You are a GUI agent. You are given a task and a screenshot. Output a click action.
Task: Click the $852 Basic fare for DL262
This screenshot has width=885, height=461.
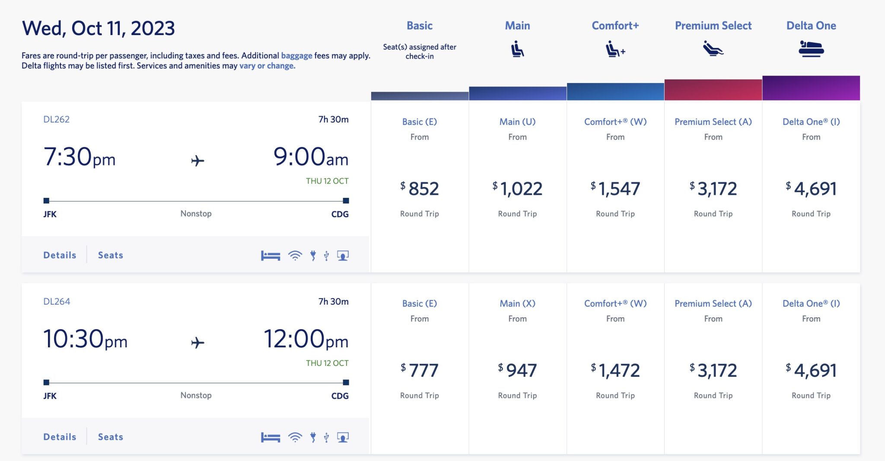click(420, 189)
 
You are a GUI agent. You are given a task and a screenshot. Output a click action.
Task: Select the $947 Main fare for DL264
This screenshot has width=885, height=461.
click(517, 371)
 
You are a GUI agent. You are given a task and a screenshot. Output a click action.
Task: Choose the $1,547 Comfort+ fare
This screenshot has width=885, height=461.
click(615, 189)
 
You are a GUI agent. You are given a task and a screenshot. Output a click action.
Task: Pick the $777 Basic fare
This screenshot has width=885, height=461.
click(420, 371)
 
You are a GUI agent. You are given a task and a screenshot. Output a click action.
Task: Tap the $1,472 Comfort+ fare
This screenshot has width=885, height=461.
click(615, 371)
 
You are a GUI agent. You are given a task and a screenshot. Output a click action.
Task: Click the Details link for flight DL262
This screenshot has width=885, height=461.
click(60, 255)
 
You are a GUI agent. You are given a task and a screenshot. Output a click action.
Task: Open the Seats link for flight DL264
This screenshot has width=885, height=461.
click(111, 437)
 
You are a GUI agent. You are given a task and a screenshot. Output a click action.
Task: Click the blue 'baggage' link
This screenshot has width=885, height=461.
click(296, 56)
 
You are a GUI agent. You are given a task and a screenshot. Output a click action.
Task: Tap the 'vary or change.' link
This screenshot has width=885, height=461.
click(267, 66)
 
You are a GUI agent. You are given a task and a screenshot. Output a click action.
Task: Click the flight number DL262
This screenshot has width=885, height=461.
click(56, 120)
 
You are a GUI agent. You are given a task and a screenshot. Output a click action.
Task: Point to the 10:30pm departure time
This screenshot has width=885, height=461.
click(85, 339)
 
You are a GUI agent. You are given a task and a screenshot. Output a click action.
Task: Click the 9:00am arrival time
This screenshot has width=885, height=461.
click(311, 157)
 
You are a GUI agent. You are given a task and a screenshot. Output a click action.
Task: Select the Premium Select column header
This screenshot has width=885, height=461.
click(713, 26)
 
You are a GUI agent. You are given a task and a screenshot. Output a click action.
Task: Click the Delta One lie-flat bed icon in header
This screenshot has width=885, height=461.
click(811, 49)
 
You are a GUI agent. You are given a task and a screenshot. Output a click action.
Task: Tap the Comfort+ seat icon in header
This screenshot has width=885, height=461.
click(615, 49)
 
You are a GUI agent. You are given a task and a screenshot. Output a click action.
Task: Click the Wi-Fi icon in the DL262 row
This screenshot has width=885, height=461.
click(295, 256)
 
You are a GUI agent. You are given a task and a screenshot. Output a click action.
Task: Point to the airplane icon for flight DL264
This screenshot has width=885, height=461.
click(197, 343)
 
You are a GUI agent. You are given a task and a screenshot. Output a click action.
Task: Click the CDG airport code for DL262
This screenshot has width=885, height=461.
click(340, 214)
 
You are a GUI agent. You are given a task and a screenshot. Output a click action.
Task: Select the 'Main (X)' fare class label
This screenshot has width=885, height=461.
click(517, 304)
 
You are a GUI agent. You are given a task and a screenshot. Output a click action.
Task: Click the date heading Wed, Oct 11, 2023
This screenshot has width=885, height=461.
click(99, 29)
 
